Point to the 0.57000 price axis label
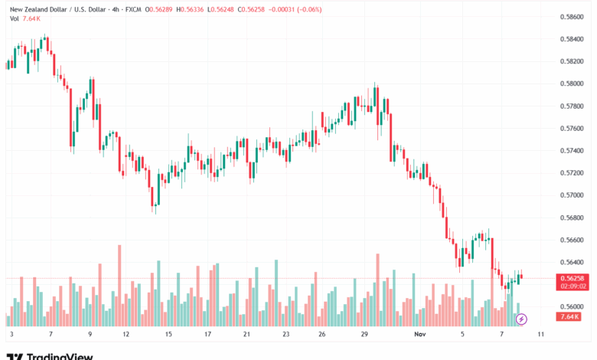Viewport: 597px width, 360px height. [x=573, y=195]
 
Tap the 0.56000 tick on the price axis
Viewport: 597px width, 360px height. [x=573, y=307]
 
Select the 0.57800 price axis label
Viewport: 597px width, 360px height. [x=573, y=106]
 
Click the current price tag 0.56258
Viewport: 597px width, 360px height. [x=573, y=278]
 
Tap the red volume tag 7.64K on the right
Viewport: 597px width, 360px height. [x=569, y=316]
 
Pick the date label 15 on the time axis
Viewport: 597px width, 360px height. [x=168, y=335]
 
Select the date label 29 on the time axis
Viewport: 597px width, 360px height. [x=364, y=335]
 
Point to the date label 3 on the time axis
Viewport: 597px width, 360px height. [x=11, y=335]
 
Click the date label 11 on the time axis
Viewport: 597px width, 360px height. [x=540, y=335]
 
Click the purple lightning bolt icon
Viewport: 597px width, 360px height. [x=522, y=318]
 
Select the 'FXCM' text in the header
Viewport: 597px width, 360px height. [x=128, y=9]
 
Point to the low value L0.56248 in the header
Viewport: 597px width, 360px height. [x=232, y=9]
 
